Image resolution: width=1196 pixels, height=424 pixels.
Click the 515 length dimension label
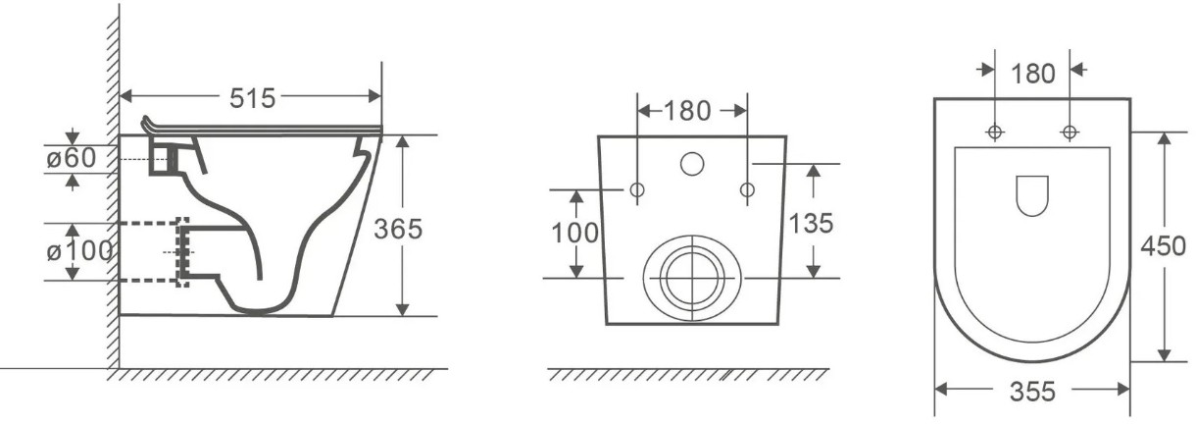(x=252, y=98)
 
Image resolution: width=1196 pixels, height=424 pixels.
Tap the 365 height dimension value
(x=398, y=229)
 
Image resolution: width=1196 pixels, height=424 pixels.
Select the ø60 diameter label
(x=72, y=158)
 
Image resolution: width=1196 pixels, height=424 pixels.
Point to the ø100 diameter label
(x=79, y=250)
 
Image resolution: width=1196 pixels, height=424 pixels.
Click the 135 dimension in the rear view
(x=811, y=224)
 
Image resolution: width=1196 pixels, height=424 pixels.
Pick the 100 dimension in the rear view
(x=574, y=234)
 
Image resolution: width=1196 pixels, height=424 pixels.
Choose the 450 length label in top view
(x=1163, y=246)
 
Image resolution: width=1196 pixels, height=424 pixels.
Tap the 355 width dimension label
(x=1032, y=392)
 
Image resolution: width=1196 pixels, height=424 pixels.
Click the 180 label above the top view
(x=1032, y=74)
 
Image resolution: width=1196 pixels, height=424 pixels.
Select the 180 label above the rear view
(x=688, y=111)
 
